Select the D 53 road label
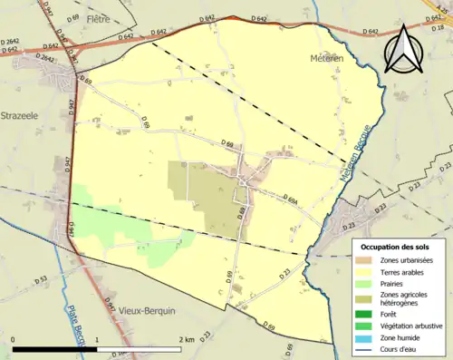[x=40, y=280]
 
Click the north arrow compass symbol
[x=405, y=50]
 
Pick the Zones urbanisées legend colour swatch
[x=365, y=260]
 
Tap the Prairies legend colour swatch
[x=365, y=284]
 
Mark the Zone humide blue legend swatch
[x=365, y=338]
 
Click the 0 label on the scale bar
[x=14, y=339]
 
